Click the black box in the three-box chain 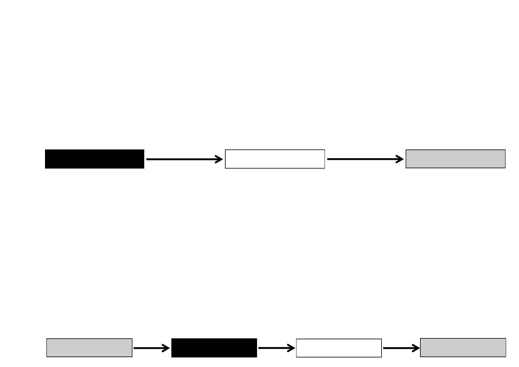click(95, 159)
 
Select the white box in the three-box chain click(275, 159)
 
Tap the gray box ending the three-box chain click(456, 159)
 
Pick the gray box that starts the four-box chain click(89, 348)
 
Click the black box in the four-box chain click(214, 348)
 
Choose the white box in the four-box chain click(339, 348)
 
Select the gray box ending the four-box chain click(463, 348)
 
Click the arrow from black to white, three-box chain click(184, 159)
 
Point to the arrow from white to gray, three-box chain click(365, 159)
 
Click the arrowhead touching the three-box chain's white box click(220, 159)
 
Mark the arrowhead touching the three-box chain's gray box click(401, 159)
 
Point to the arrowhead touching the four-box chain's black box click(167, 348)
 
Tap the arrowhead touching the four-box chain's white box click(292, 348)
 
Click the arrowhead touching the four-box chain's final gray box click(417, 348)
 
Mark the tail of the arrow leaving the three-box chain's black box click(148, 159)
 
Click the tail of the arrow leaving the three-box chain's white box click(328, 159)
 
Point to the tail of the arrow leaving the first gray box click(135, 348)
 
